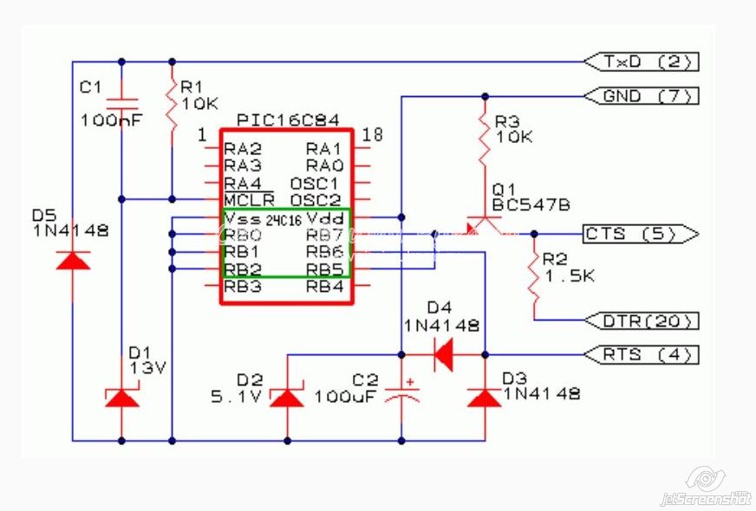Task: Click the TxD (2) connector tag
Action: (641, 61)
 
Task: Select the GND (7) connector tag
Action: (641, 96)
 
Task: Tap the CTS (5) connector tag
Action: (641, 234)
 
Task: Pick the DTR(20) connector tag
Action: (641, 320)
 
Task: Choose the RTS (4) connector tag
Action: (641, 355)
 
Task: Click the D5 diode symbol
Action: (73, 261)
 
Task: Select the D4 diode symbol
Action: (444, 355)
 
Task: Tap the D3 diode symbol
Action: (485, 398)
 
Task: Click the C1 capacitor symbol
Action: (121, 105)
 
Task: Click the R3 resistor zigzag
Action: (485, 139)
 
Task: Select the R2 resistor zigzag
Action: (534, 277)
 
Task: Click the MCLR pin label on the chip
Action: (250, 199)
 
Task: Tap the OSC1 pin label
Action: (315, 184)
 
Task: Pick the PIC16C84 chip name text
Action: (288, 120)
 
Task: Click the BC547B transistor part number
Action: (531, 205)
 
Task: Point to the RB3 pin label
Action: (243, 287)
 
